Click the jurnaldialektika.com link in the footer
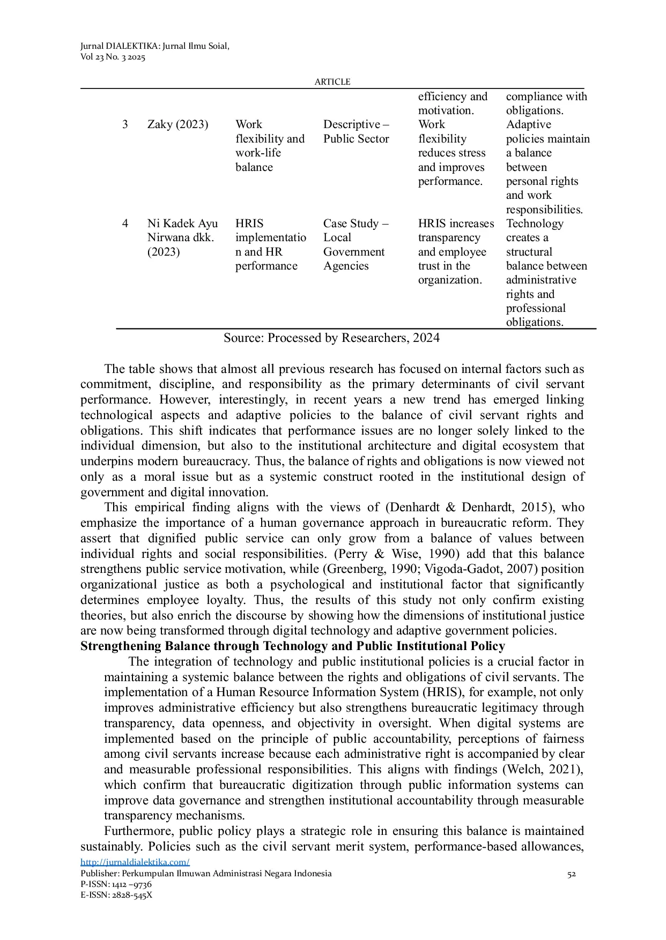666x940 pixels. point(135,862)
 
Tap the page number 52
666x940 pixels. point(572,874)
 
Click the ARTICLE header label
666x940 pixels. point(332,81)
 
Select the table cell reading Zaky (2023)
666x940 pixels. point(177,124)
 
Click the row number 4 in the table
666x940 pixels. point(125,223)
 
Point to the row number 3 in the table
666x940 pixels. point(125,124)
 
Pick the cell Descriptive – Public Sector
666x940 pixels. point(356,131)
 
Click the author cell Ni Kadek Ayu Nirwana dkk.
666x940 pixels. point(182,237)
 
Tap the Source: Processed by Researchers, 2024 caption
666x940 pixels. point(331,338)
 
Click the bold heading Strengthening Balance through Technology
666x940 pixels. point(292,646)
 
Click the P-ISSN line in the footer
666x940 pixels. point(116,884)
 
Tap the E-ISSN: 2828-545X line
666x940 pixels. point(116,895)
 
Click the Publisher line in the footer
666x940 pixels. point(206,874)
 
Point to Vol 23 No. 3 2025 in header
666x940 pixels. point(113,57)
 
